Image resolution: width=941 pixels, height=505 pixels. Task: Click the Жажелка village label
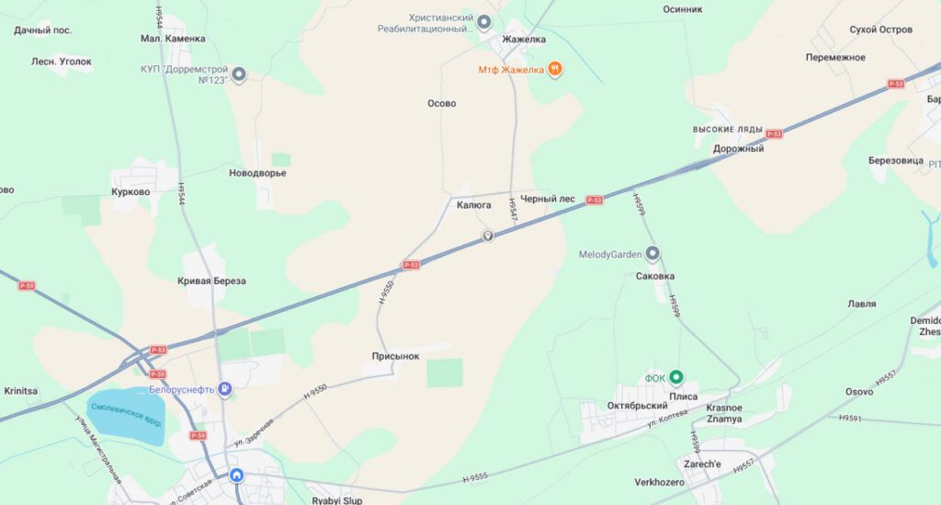(x=524, y=40)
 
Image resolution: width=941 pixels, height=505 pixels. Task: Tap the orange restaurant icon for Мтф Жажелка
(x=555, y=69)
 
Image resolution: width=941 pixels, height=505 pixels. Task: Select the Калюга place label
(x=474, y=206)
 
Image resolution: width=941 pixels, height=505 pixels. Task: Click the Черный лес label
(x=548, y=199)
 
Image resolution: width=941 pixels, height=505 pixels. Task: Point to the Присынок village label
(x=396, y=355)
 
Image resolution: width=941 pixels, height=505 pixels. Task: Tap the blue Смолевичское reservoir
(x=127, y=416)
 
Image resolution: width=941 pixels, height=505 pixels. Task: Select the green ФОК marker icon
(x=677, y=377)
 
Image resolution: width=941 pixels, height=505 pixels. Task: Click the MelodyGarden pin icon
(x=652, y=254)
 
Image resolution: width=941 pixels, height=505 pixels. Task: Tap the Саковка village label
(x=655, y=276)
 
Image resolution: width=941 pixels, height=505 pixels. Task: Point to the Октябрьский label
(x=638, y=406)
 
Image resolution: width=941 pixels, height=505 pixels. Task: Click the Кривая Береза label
(x=211, y=281)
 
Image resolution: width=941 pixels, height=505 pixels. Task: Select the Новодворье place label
(x=257, y=173)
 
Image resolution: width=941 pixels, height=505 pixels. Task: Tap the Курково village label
(x=130, y=192)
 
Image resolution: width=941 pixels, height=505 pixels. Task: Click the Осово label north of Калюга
(x=442, y=104)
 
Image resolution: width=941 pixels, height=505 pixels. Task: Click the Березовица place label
(x=896, y=160)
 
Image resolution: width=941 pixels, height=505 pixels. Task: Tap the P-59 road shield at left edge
(x=27, y=286)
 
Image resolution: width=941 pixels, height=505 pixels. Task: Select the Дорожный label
(x=739, y=149)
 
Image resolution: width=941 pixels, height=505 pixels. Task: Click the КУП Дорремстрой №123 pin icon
(x=239, y=75)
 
